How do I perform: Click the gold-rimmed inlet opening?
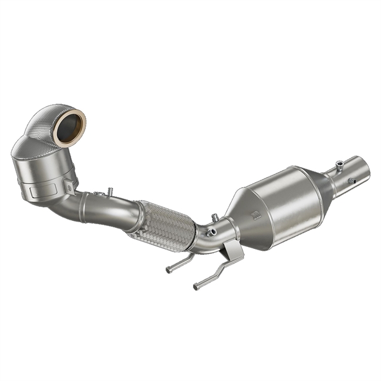(69, 126)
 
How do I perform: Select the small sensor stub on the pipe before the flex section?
(109, 190)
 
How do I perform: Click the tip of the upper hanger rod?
(169, 269)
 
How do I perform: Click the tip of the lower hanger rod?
(196, 286)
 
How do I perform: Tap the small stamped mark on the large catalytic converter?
(254, 213)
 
